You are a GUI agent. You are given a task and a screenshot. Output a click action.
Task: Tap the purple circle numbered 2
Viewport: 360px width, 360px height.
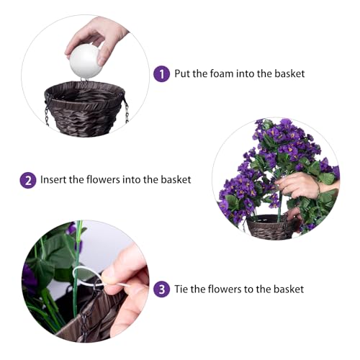(28, 179)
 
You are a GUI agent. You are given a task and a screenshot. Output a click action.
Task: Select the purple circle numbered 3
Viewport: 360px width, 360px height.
(163, 289)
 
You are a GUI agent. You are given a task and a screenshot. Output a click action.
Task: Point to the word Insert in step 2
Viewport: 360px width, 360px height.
(55, 179)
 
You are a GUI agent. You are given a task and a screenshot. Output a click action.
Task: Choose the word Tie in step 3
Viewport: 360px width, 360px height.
(184, 289)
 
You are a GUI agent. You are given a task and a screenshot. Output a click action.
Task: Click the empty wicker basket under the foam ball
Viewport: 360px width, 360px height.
(86, 105)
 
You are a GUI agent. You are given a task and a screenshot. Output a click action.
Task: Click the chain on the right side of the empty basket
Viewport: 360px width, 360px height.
(126, 109)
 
